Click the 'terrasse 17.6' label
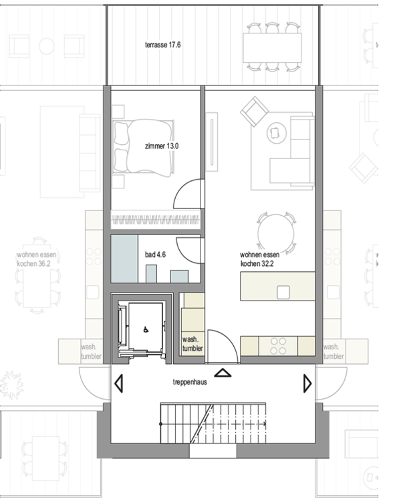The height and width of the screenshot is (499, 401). [x=163, y=45]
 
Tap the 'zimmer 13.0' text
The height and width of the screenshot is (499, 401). [x=162, y=146]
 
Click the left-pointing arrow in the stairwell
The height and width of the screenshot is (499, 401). [x=119, y=384]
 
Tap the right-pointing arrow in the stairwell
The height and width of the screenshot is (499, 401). [x=307, y=383]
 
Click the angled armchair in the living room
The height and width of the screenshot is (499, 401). [x=254, y=111]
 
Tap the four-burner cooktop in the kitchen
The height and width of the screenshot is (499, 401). [x=278, y=345]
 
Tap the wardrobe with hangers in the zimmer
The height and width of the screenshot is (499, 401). [x=155, y=219]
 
